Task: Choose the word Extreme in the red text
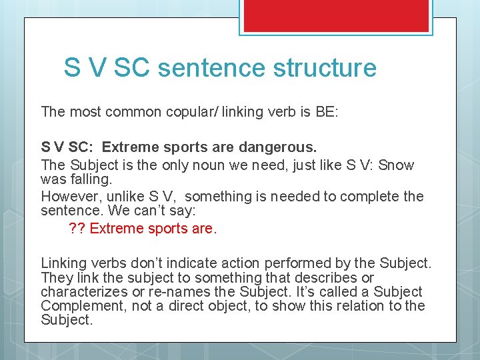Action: click(117, 229)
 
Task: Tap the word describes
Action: click(331, 278)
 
